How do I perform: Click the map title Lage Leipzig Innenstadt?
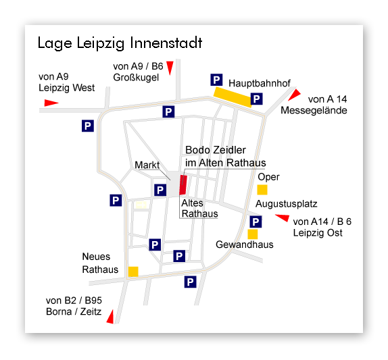point(120,43)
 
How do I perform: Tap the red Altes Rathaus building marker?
point(183,184)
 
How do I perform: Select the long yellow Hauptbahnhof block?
point(233,97)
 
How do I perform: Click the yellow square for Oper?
point(262,190)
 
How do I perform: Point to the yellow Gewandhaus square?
point(253,234)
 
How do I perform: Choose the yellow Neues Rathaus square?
point(133,272)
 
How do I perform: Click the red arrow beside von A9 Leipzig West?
point(51,103)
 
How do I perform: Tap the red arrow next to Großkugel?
point(170,68)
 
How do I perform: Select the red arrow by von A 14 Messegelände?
point(294,95)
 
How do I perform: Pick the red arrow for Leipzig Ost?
point(283,218)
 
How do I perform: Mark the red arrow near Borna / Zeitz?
point(110,317)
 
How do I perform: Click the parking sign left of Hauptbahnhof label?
point(216,80)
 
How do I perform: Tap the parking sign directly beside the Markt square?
point(160,190)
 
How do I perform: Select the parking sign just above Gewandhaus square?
point(256,222)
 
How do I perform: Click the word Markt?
point(147,165)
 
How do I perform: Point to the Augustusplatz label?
point(287,204)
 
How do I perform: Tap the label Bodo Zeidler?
point(215,150)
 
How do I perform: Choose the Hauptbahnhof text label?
point(260,83)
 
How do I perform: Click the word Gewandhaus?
point(245,245)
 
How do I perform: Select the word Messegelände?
point(314,110)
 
